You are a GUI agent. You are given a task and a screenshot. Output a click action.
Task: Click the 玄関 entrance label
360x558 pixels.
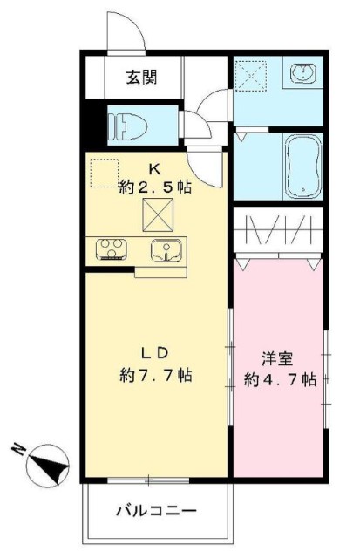[x=141, y=77]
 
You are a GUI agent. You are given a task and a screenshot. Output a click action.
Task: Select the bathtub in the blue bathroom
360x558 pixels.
[x=302, y=167]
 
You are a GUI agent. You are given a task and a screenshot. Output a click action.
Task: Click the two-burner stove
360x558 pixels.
[x=112, y=250]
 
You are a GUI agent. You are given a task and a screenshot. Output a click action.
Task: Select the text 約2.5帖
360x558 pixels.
[x=155, y=185]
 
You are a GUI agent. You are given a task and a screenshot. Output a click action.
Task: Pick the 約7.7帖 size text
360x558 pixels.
[x=156, y=376]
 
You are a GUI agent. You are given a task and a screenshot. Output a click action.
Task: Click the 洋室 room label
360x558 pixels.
[x=278, y=357]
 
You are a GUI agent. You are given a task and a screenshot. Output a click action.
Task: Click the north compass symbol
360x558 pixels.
[x=49, y=466]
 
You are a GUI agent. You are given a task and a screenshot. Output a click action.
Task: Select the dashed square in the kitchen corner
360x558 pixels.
[x=104, y=172]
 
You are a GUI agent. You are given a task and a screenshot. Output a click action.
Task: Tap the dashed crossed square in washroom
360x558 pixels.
[x=256, y=76]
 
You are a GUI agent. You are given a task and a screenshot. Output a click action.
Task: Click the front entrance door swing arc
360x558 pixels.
[x=129, y=33]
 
